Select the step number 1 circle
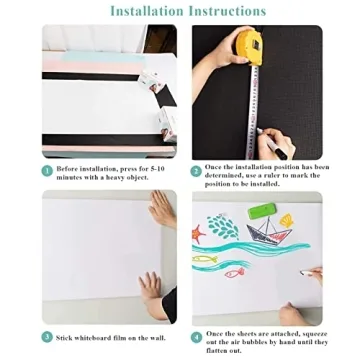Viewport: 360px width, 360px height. tap(47, 170)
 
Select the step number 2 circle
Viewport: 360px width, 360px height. tap(197, 170)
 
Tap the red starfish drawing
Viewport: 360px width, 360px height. tap(200, 236)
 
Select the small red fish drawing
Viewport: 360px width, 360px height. tap(232, 272)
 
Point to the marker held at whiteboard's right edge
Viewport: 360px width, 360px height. tap(310, 271)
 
